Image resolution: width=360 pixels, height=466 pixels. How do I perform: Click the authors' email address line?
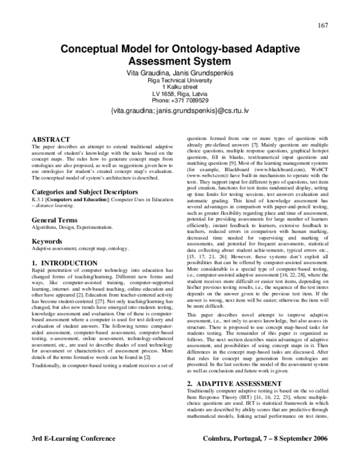pos(179,111)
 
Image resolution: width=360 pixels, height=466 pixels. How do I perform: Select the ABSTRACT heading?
pos(55,139)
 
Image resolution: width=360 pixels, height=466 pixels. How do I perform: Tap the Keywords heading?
pos(47,225)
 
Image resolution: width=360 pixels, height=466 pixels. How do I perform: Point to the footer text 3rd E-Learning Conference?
pos(70,455)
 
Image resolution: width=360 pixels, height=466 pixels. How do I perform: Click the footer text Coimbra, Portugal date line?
pos(266,455)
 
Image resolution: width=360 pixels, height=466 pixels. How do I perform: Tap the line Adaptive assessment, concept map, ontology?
pos(79,232)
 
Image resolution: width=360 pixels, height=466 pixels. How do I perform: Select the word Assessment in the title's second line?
pos(158,61)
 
